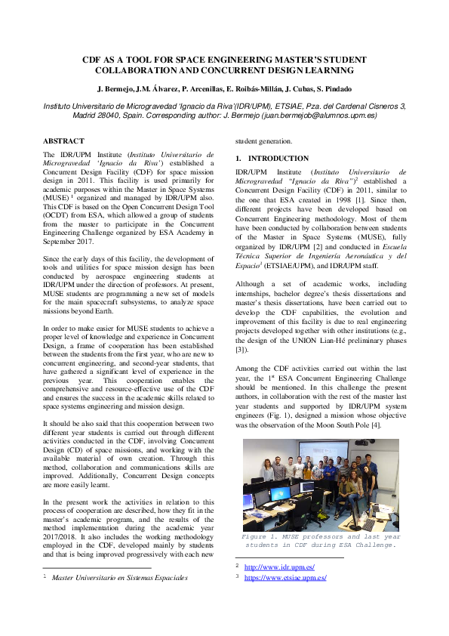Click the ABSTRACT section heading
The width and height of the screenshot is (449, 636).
click(63, 141)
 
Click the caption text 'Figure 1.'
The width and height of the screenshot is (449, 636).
click(261, 536)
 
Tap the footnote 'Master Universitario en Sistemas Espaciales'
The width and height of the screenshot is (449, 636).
click(119, 578)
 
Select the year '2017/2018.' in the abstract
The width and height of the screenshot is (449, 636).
click(63, 531)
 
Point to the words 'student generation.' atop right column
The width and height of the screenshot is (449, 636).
click(263, 141)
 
